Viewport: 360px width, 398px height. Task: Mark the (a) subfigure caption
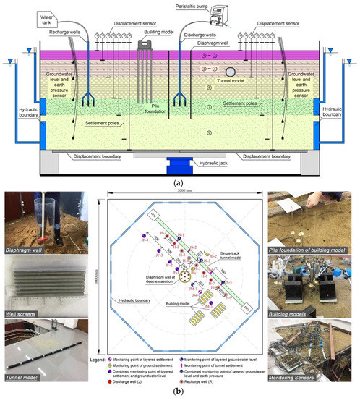point(179,182)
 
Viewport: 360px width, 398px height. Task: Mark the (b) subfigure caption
point(179,391)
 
